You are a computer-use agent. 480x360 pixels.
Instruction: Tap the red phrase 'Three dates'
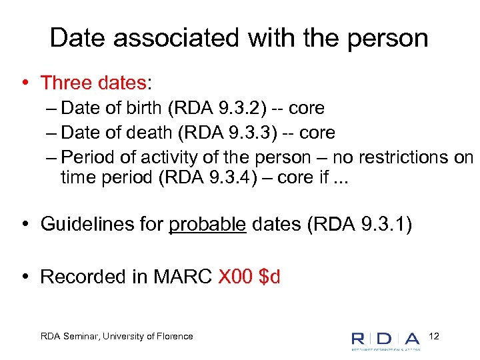click(93, 83)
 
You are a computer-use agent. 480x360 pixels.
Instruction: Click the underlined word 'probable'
click(207, 224)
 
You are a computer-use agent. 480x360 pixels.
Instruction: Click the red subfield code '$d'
click(270, 277)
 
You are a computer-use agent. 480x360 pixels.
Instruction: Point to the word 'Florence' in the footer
click(174, 337)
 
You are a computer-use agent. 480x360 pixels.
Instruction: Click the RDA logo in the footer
click(386, 339)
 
